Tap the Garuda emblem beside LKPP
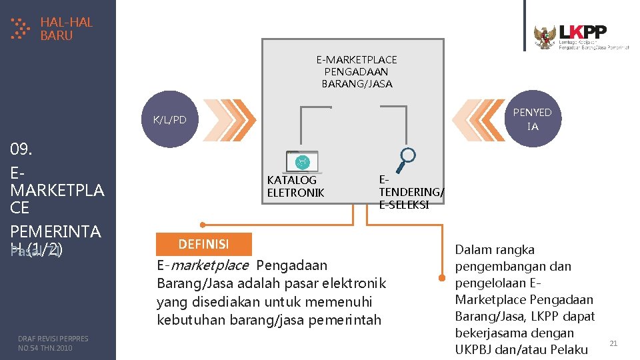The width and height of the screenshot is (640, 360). pyautogui.click(x=545, y=37)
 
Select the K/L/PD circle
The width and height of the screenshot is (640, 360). pyautogui.click(x=170, y=120)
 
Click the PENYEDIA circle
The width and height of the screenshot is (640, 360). pyautogui.click(x=533, y=119)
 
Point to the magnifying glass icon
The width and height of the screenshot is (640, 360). pyautogui.click(x=406, y=159)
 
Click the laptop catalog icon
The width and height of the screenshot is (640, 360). pyautogui.click(x=303, y=161)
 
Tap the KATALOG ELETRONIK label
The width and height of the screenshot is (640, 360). pyautogui.click(x=295, y=187)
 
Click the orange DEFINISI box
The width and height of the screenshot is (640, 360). pyautogui.click(x=203, y=244)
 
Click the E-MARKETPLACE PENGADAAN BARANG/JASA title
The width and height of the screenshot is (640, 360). pyautogui.click(x=357, y=72)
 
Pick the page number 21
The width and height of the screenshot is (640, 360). pyautogui.click(x=614, y=343)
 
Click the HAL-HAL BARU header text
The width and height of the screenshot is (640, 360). pyautogui.click(x=66, y=29)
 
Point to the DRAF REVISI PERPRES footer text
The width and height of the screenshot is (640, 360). pyautogui.click(x=53, y=343)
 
